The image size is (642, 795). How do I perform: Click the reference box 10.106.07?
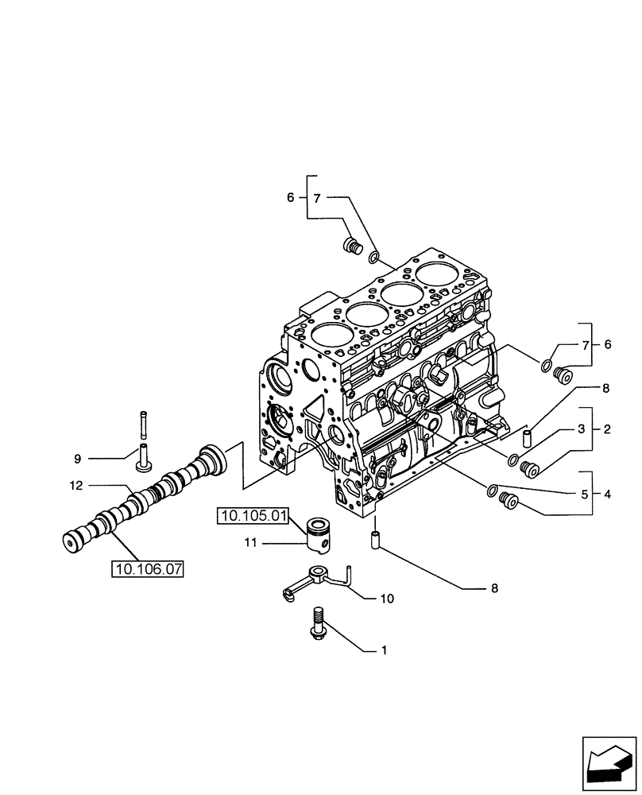pyautogui.click(x=148, y=569)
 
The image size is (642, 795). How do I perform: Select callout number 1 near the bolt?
pyautogui.click(x=384, y=651)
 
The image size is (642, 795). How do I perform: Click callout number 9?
pyautogui.click(x=78, y=459)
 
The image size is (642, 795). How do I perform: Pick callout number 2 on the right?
pyautogui.click(x=606, y=429)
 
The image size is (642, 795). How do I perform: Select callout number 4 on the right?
pyautogui.click(x=606, y=494)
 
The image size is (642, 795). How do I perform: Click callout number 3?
pyautogui.click(x=582, y=429)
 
